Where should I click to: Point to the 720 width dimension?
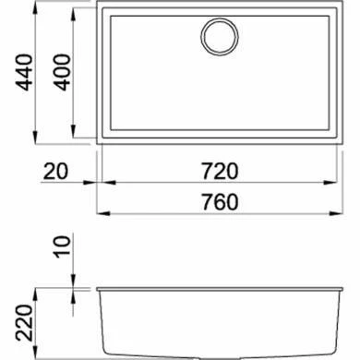click(x=218, y=171)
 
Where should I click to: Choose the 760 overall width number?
click(x=218, y=201)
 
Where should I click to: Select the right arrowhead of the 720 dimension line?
click(x=332, y=184)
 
